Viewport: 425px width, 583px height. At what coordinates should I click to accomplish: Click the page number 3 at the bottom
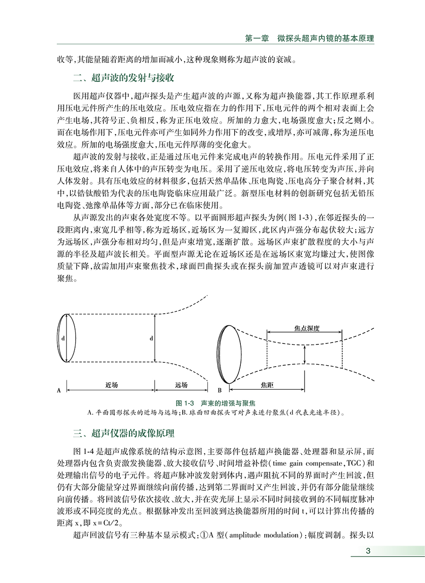point(367,551)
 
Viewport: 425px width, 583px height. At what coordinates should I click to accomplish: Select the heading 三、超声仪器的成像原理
point(124,433)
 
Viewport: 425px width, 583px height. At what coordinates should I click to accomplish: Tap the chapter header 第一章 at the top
point(257,38)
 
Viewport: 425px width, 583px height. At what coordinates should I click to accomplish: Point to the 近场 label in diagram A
point(111,385)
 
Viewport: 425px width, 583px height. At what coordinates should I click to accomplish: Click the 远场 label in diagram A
point(181,385)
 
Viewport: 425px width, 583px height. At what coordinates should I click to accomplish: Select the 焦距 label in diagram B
point(267,385)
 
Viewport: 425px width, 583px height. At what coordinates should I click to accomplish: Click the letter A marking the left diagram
point(59,391)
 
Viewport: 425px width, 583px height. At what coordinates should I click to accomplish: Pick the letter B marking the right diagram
point(220,391)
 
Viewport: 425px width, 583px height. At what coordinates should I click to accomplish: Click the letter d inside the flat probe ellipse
point(62,338)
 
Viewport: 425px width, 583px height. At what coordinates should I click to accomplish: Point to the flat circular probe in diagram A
point(66,338)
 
